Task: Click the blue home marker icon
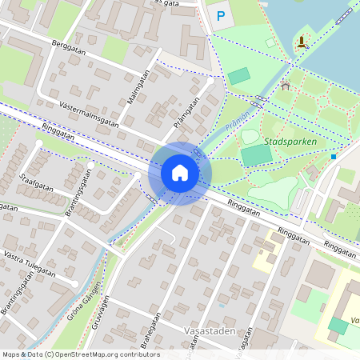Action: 180,173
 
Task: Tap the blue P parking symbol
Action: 222,15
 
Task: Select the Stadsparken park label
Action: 290,142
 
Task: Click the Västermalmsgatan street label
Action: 89,114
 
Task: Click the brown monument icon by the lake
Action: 301,42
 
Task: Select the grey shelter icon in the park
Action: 285,86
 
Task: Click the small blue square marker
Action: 334,157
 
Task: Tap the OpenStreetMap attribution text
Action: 81,354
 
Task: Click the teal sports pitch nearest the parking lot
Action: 238,77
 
